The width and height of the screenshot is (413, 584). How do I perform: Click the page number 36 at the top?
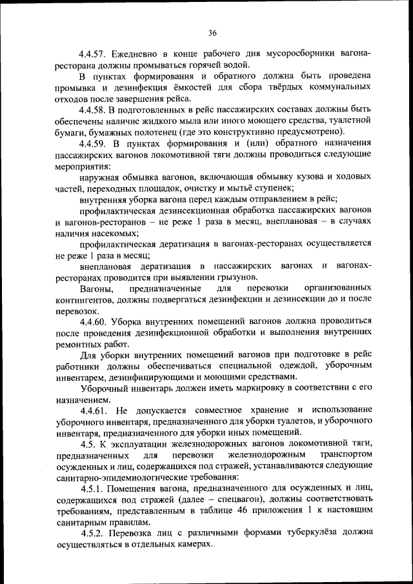coord(212,34)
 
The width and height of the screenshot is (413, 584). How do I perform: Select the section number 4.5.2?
coord(94,533)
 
